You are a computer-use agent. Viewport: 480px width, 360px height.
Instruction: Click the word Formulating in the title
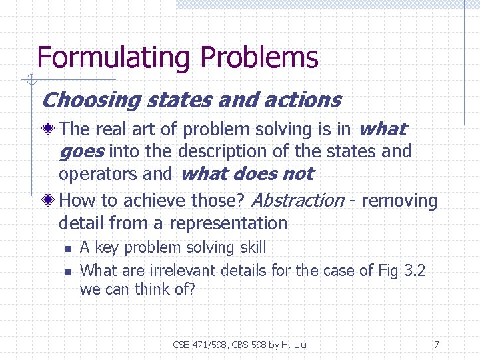click(114, 58)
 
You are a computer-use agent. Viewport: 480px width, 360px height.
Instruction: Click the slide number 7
click(436, 345)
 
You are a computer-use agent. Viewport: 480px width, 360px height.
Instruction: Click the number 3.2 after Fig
click(413, 270)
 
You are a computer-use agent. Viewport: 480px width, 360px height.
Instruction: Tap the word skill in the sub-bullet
click(249, 247)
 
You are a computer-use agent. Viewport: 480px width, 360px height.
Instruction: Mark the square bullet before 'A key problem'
click(67, 249)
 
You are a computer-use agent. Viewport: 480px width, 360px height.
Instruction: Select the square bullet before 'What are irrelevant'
click(67, 271)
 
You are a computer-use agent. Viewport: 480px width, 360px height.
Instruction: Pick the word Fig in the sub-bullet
click(387, 270)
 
